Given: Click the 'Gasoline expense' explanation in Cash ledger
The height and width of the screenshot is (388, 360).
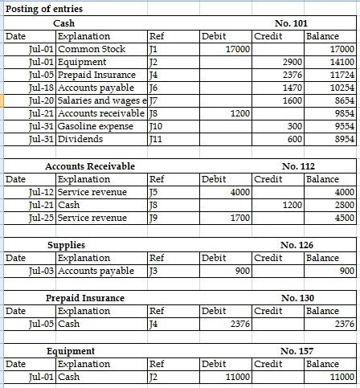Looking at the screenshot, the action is point(91,126).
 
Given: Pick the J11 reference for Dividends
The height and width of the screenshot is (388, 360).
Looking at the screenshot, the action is point(158,139).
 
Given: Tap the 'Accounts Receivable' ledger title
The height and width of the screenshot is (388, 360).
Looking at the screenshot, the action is point(90,166).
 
